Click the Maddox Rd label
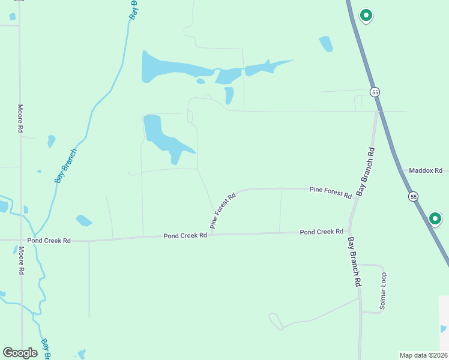point(425,170)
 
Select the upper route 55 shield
point(375,92)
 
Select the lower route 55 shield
point(413,196)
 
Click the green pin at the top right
point(366,15)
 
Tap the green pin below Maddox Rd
point(435,219)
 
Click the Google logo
point(20,352)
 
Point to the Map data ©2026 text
point(423,355)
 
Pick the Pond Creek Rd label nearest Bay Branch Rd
point(321,232)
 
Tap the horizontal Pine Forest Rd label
point(330,192)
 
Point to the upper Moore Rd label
point(20,118)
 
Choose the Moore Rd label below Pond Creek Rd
point(21,260)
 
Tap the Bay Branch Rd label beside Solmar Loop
point(354,262)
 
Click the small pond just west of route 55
point(326,44)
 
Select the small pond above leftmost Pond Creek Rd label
point(83,220)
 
